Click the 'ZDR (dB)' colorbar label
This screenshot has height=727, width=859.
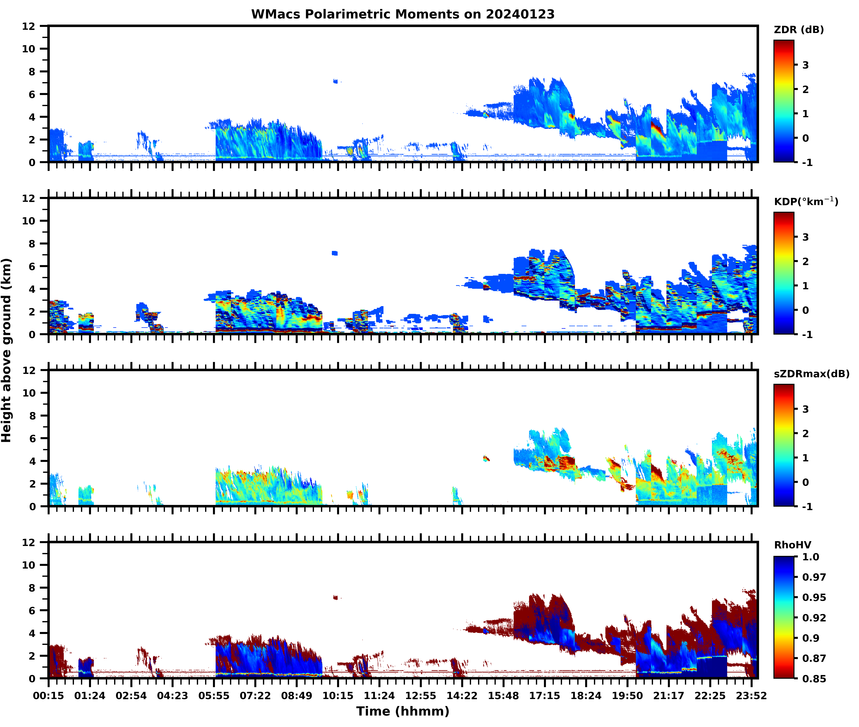coord(798,30)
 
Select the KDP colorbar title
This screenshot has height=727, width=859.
coord(805,201)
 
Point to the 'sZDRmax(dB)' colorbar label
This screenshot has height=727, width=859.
coord(811,374)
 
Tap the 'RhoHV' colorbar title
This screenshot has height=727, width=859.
coord(792,545)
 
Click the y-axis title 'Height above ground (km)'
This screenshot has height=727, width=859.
coord(7,350)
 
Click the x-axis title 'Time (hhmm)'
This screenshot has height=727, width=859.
coord(403,711)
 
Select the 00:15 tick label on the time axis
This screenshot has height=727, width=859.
coord(49,696)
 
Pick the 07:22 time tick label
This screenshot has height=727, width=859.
coord(255,696)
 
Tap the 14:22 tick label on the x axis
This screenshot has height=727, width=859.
coord(462,696)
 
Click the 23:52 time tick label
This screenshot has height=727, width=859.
coord(752,696)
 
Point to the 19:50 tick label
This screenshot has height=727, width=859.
coord(627,696)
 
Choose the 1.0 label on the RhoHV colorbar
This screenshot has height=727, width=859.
coord(810,557)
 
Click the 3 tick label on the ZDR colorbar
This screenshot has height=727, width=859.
coord(805,65)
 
